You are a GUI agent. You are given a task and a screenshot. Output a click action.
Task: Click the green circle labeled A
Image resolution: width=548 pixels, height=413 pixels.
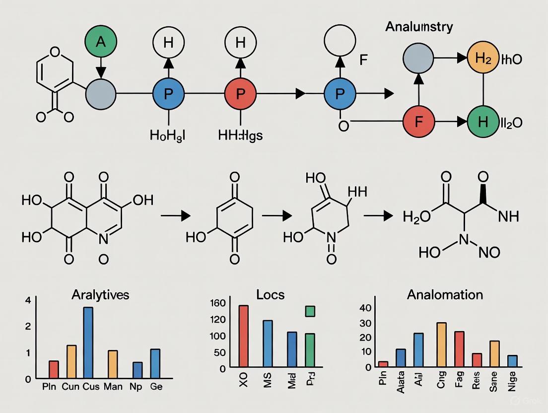(x=101, y=42)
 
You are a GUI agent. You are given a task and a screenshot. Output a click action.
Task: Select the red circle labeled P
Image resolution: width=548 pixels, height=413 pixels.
(x=240, y=93)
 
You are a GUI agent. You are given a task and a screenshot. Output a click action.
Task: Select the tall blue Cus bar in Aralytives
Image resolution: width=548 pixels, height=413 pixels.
(x=88, y=343)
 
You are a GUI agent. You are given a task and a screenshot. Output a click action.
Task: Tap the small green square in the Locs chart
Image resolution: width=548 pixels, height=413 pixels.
(x=310, y=311)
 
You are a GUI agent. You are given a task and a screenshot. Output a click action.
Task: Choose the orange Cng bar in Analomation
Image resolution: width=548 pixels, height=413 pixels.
(x=441, y=344)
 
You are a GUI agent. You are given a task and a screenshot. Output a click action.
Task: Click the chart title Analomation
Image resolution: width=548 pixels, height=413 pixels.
(x=445, y=294)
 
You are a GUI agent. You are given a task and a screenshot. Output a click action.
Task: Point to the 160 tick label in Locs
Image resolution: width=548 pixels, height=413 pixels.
(x=218, y=303)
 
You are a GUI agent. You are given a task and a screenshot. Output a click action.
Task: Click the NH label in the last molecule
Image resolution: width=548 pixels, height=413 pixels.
(x=507, y=216)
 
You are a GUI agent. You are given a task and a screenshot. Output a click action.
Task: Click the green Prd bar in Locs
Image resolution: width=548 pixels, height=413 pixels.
(x=310, y=350)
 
